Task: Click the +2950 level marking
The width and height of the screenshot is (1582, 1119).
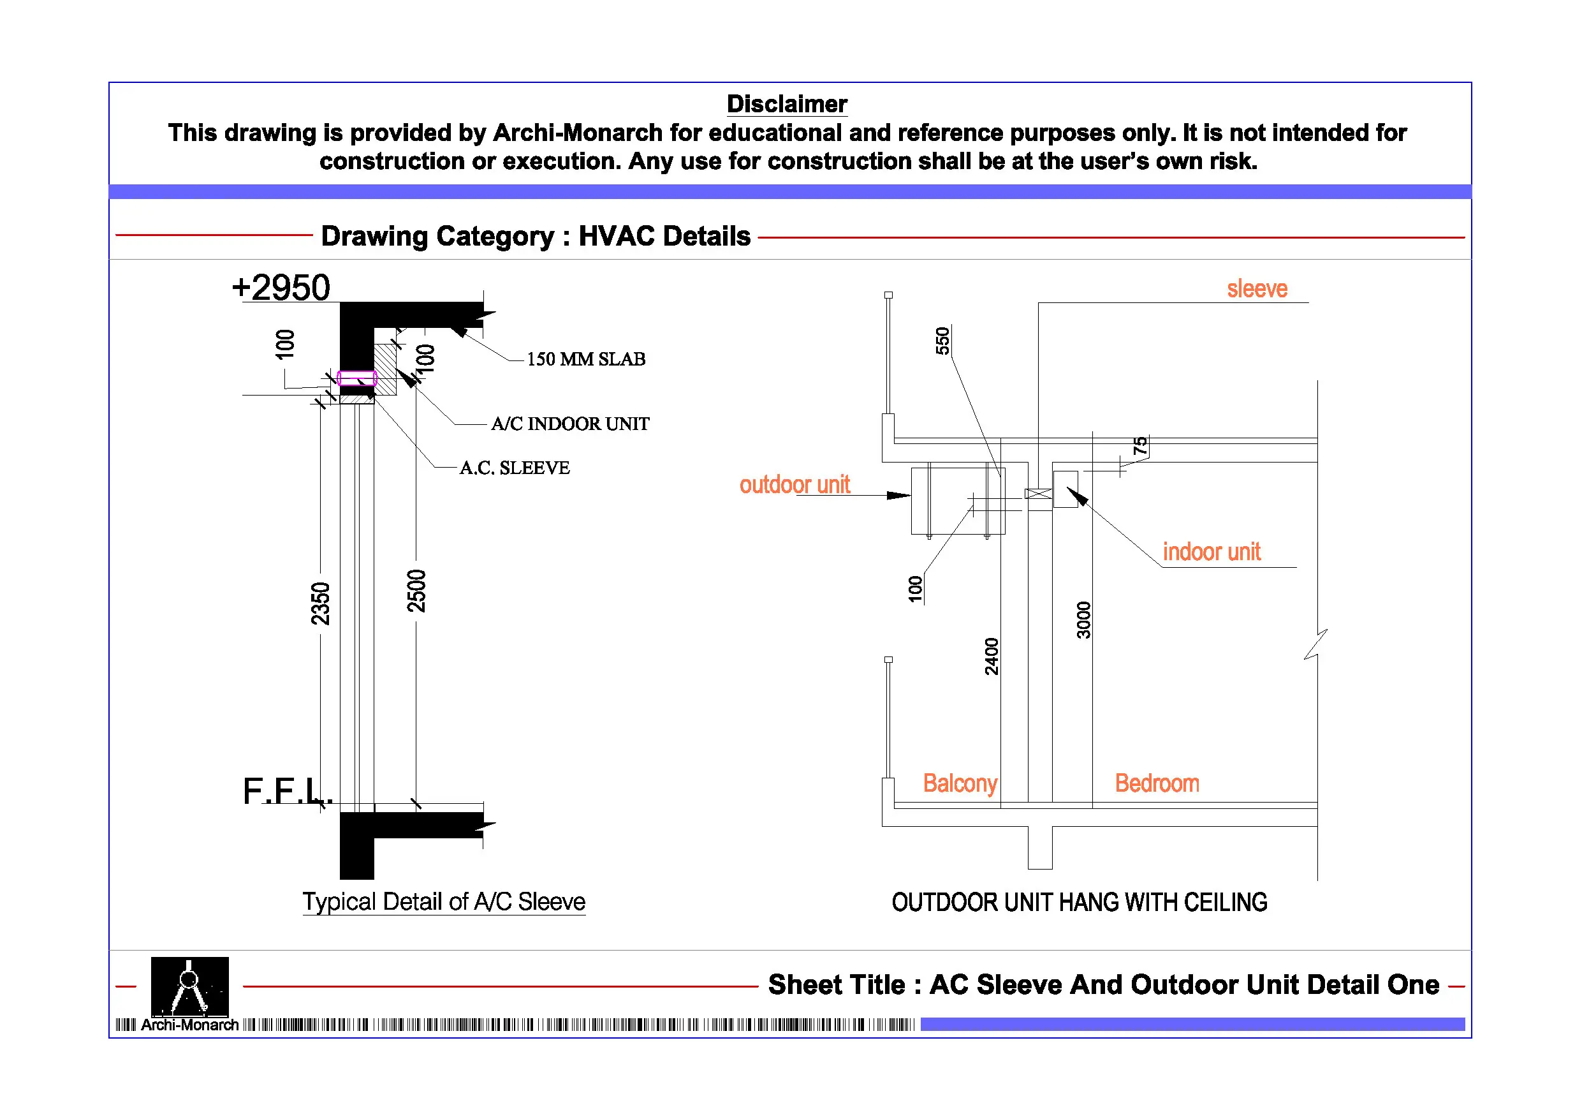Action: tap(281, 287)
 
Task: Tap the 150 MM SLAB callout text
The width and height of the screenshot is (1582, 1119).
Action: tap(585, 359)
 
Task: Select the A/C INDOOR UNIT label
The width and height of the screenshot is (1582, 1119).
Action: tap(570, 424)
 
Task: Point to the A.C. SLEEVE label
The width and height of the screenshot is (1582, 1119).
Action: tap(515, 468)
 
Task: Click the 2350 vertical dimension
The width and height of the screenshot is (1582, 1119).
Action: tap(320, 604)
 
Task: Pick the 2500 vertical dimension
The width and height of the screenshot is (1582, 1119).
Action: tap(416, 591)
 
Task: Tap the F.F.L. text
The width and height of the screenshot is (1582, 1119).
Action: tap(288, 791)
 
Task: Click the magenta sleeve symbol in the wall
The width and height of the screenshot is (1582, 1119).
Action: tap(357, 378)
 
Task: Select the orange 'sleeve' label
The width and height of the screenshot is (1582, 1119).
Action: tap(1257, 289)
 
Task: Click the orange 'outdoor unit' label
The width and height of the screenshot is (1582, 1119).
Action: tap(795, 485)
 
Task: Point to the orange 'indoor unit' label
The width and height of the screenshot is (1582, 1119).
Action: tap(1212, 552)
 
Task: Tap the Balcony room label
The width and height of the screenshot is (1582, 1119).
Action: tap(960, 783)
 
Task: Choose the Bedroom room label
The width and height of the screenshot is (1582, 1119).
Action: tap(1157, 783)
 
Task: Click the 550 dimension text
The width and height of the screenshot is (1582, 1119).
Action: tap(942, 341)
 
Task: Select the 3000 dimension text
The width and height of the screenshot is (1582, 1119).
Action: tap(1084, 620)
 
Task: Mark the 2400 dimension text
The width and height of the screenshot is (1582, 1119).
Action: tap(991, 656)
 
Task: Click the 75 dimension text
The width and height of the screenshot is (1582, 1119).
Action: tap(1140, 445)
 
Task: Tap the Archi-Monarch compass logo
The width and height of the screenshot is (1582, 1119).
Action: tap(189, 986)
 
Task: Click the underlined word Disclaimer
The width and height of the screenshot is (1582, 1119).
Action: tap(787, 104)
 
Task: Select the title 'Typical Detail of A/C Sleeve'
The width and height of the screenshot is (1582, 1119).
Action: tap(444, 902)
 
